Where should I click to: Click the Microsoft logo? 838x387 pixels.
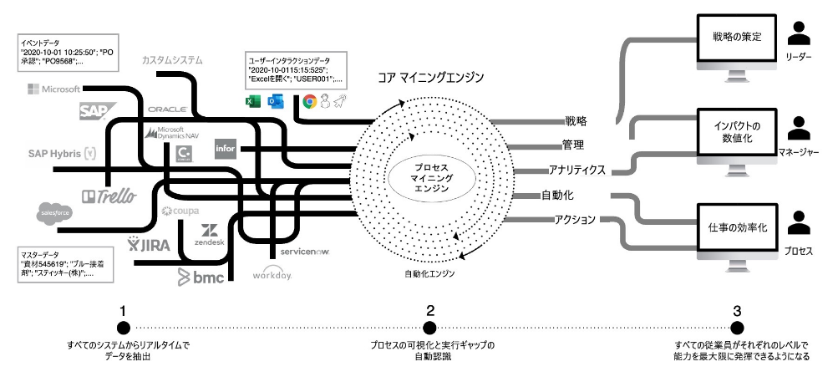(53, 89)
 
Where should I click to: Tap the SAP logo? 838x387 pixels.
(92, 112)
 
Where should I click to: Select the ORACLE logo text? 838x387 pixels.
(166, 109)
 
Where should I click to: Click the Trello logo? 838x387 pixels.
(108, 196)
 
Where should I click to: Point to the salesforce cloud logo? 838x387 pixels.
(53, 214)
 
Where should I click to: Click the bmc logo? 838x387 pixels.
(201, 277)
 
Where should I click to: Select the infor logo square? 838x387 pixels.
(226, 149)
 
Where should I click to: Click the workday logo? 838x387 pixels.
(273, 273)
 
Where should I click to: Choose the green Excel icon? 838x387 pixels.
(251, 102)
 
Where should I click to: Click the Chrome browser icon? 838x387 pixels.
(309, 102)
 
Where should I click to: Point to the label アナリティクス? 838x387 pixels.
(577, 170)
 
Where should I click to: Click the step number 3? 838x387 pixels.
(737, 311)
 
